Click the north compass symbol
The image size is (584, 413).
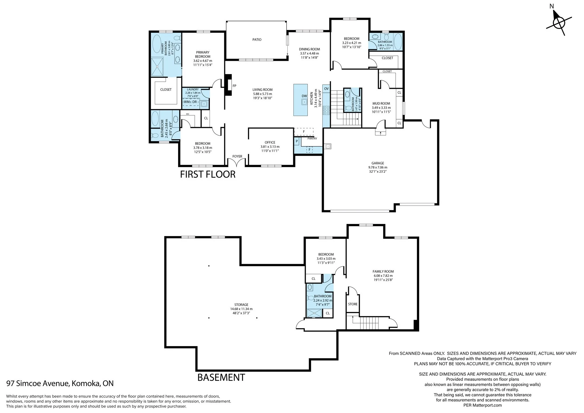(x=559, y=23)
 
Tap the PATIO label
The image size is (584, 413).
(x=257, y=40)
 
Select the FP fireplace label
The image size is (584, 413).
(x=234, y=86)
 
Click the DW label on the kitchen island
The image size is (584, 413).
(x=304, y=96)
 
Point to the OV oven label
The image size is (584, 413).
(x=326, y=89)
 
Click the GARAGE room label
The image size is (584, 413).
(x=378, y=163)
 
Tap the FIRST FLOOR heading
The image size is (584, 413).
(x=208, y=174)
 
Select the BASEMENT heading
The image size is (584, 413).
(x=221, y=377)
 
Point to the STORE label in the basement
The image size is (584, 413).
(x=353, y=304)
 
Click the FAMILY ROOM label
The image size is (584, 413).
(x=383, y=271)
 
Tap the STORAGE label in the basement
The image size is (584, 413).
(x=241, y=305)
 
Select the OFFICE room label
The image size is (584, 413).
(x=270, y=143)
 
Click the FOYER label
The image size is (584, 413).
(x=237, y=156)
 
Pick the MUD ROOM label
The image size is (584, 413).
(x=381, y=103)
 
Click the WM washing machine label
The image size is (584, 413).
(x=187, y=102)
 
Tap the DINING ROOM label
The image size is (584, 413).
(x=310, y=49)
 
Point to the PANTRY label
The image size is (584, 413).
(x=312, y=138)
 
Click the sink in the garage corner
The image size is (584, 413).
(x=328, y=146)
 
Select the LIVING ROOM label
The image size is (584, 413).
(x=263, y=90)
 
